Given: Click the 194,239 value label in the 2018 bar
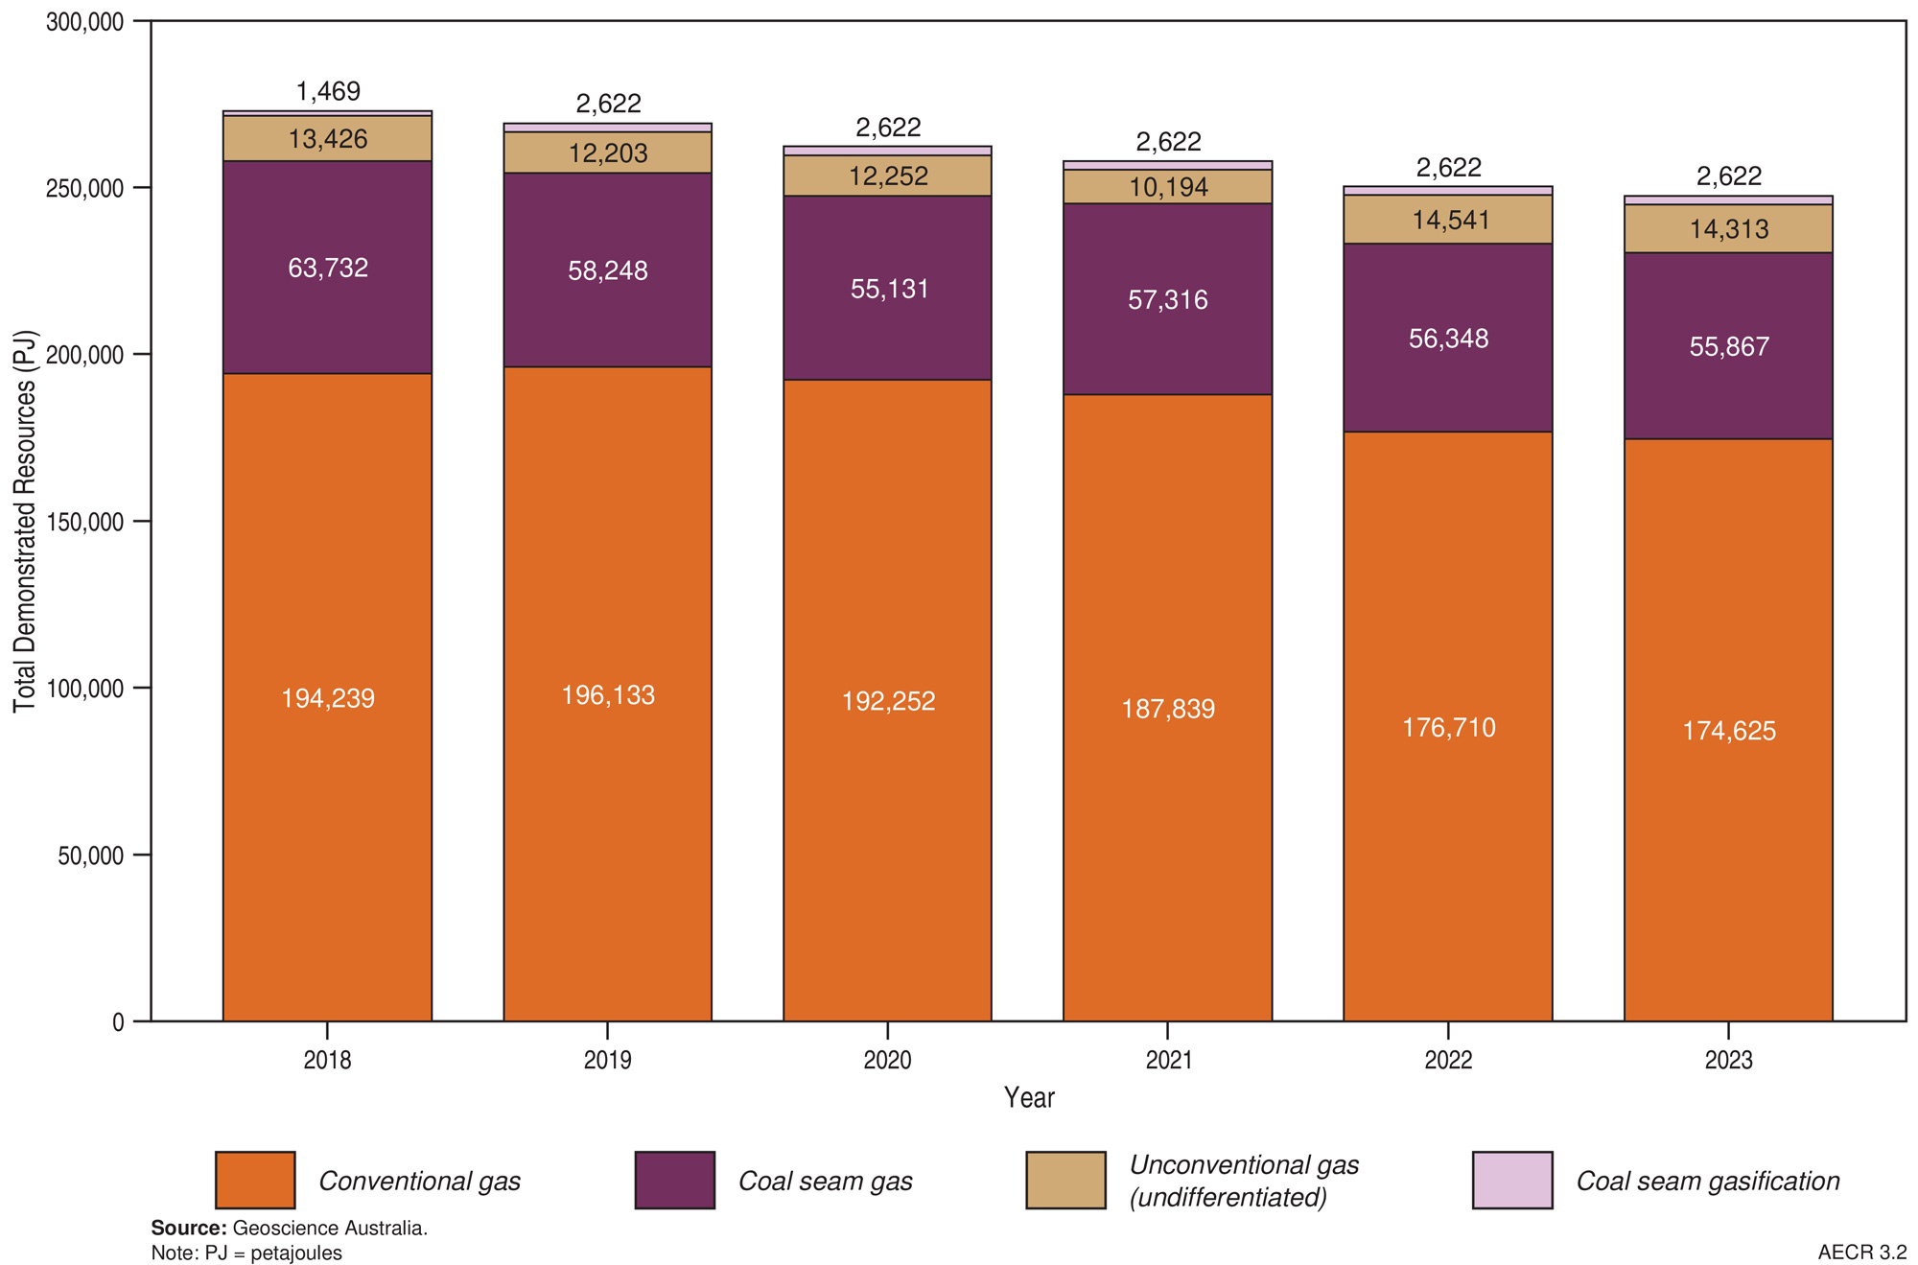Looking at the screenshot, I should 328,698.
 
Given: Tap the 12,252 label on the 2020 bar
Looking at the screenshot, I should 888,176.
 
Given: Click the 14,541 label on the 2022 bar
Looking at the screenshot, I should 1450,221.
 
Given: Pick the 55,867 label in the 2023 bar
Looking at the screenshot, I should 1729,347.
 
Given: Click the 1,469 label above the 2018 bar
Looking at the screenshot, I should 328,92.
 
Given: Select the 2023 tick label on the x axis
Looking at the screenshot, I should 1728,1060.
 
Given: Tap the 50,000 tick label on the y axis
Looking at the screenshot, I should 92,855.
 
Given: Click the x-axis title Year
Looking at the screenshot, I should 1029,1098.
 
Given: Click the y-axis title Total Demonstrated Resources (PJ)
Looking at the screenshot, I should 25,522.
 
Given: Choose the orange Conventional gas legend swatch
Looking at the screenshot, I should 255,1180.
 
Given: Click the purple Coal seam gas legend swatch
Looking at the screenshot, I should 675,1180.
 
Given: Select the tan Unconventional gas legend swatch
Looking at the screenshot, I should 1065,1180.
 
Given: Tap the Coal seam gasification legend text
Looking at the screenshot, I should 1708,1182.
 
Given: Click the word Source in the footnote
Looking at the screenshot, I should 188,1229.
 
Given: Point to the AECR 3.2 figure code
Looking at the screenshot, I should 1861,1253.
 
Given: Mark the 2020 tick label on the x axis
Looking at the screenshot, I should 887,1060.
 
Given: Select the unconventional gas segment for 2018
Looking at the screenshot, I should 328,139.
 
